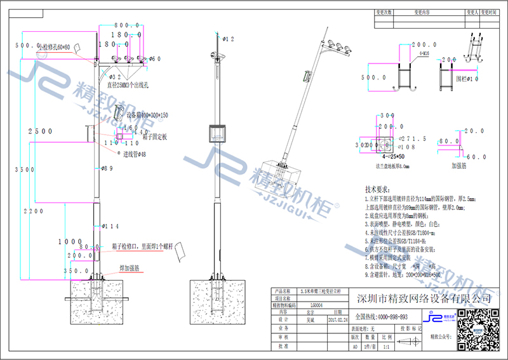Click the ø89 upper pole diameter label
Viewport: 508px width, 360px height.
click(x=107, y=168)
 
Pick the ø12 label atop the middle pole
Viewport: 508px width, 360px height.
click(x=227, y=39)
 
